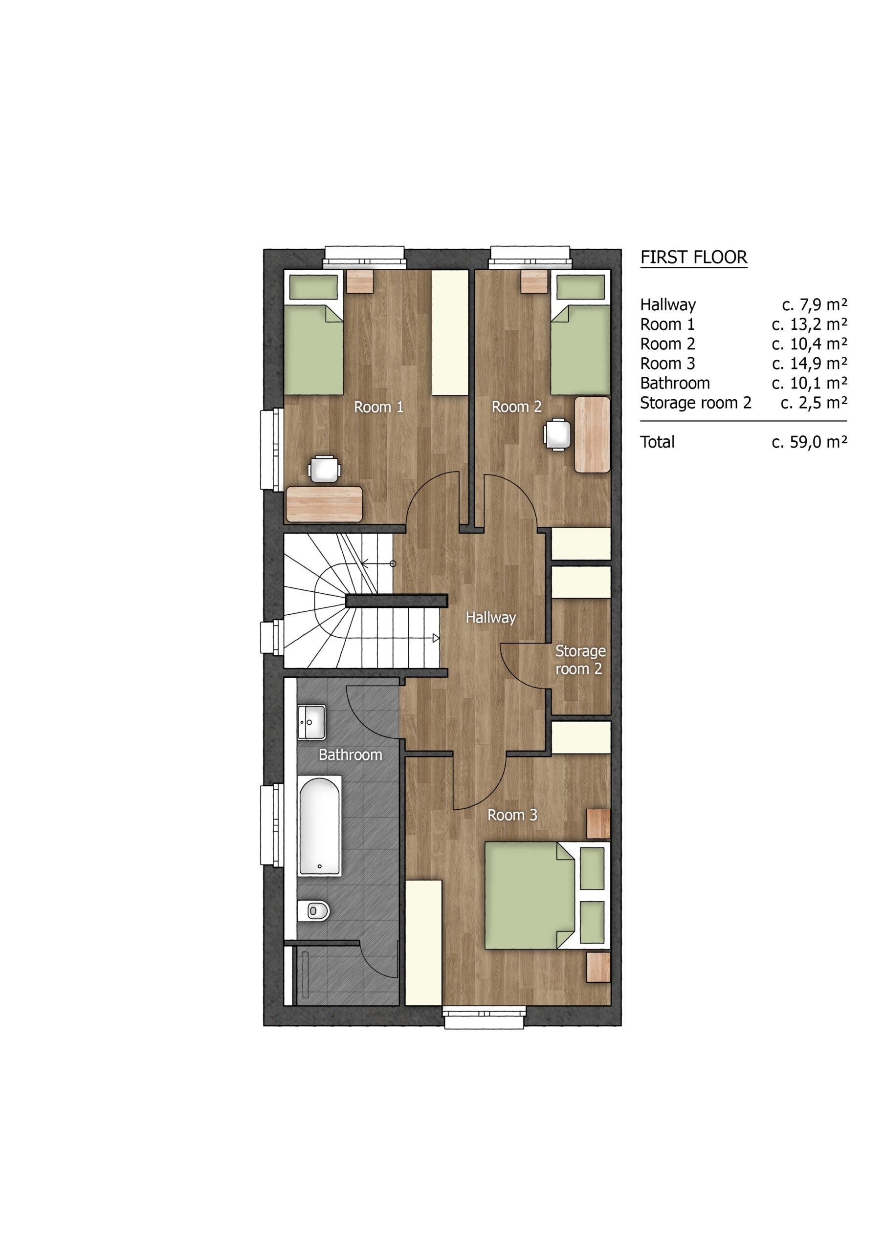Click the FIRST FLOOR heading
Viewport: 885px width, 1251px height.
tap(694, 257)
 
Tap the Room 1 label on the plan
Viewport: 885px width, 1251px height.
tap(378, 407)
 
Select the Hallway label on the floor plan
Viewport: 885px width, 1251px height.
tap(490, 617)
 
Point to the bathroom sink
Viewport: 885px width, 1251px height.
tap(311, 722)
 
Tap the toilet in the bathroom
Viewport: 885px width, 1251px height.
tap(314, 909)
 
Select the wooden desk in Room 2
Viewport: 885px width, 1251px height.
tap(592, 435)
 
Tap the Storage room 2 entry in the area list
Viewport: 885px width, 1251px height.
tap(695, 403)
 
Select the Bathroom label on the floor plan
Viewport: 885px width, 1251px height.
tap(350, 755)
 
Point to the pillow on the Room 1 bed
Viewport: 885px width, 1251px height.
tap(313, 287)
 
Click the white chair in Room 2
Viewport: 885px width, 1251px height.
tap(557, 434)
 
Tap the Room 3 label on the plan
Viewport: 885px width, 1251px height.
tap(512, 815)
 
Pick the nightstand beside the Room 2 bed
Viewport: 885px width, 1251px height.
tap(533, 281)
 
